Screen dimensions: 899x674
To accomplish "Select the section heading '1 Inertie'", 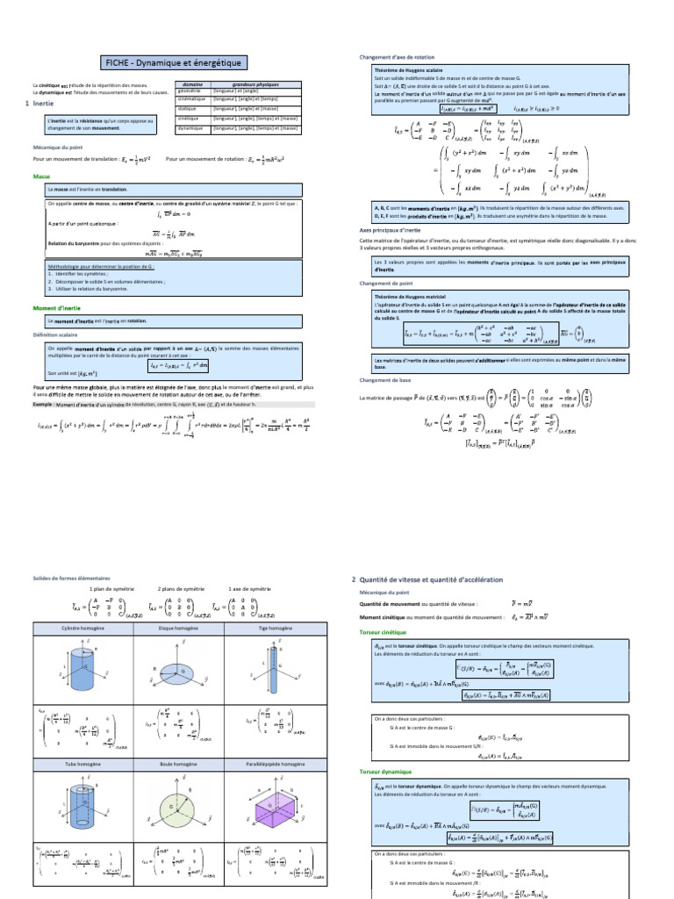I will tap(40, 104).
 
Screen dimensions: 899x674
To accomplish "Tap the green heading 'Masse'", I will tap(41, 176).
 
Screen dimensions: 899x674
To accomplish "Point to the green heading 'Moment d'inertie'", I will tap(58, 308).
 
